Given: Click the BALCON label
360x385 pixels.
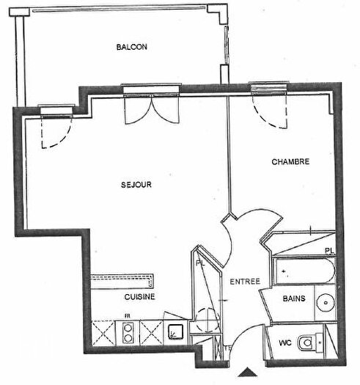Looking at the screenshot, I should (132, 47).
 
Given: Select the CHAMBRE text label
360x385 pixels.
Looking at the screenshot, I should (290, 161).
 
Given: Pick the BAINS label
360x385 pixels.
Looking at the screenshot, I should (294, 298).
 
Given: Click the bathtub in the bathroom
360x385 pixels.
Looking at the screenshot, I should (304, 273).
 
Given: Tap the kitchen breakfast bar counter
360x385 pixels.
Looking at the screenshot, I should (123, 281).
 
